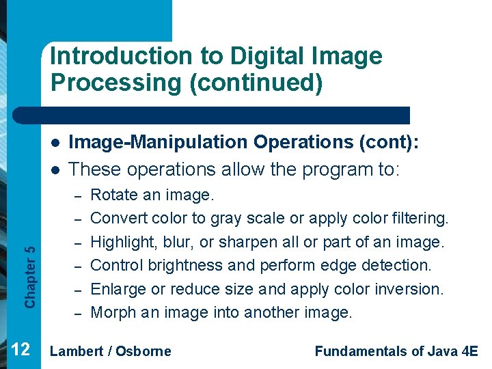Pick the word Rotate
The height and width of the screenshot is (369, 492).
tap(111, 195)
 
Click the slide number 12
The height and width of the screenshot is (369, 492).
tap(20, 350)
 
